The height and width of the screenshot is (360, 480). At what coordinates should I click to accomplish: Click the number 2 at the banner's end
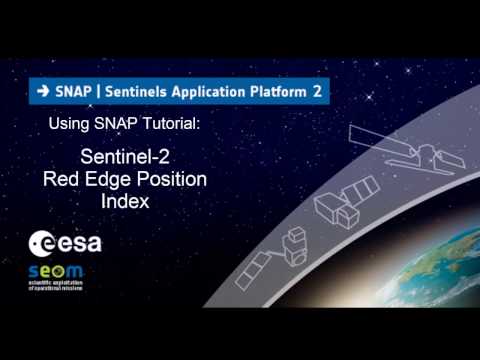[x=317, y=90]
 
